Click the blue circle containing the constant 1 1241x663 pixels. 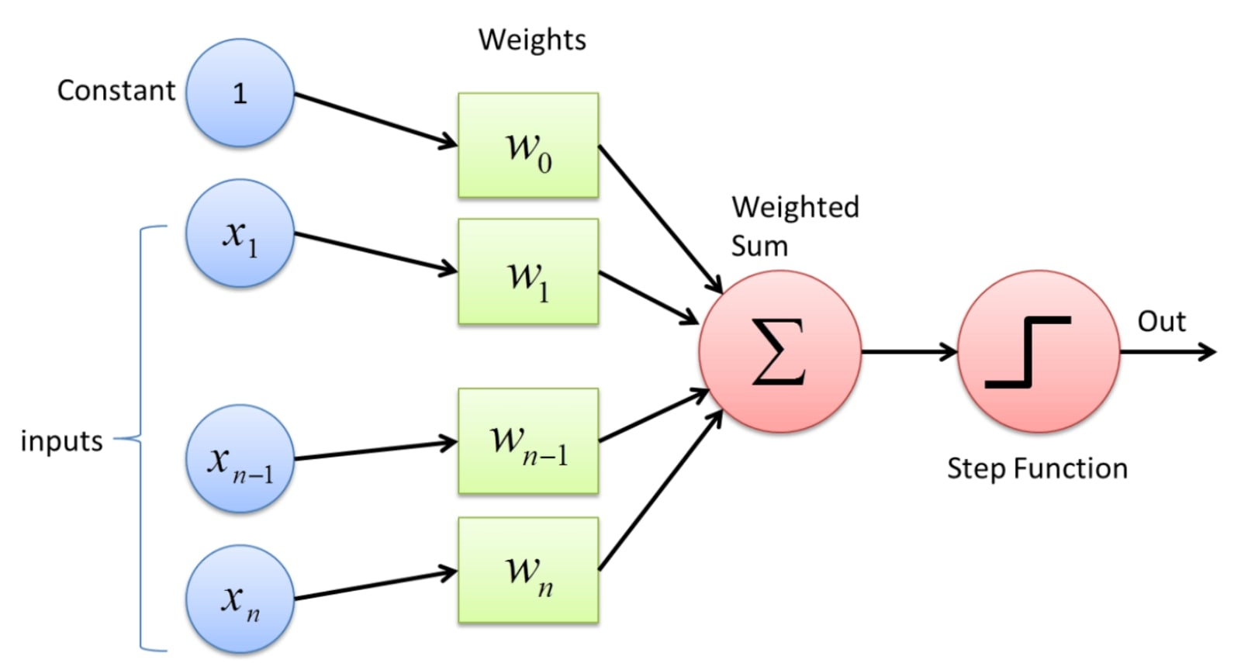coord(240,92)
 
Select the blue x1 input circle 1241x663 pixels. coord(240,233)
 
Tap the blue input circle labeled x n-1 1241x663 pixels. coord(240,458)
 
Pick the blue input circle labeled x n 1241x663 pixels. coord(240,599)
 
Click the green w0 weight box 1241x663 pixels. coord(528,145)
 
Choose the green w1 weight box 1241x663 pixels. coord(528,271)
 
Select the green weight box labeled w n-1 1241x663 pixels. coord(528,441)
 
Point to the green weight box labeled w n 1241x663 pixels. coord(528,570)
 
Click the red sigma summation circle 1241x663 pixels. coord(780,351)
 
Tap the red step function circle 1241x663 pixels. coord(1039,351)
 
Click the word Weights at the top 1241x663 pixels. coord(532,40)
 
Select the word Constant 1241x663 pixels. coord(116,90)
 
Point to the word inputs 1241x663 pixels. coord(61,441)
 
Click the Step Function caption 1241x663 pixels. coord(1037,468)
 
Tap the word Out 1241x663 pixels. coord(1162,321)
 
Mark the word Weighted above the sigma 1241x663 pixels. coord(796,207)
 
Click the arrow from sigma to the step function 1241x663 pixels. coord(909,351)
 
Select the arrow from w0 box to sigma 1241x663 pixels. coord(660,219)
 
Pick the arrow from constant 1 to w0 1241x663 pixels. coord(376,120)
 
